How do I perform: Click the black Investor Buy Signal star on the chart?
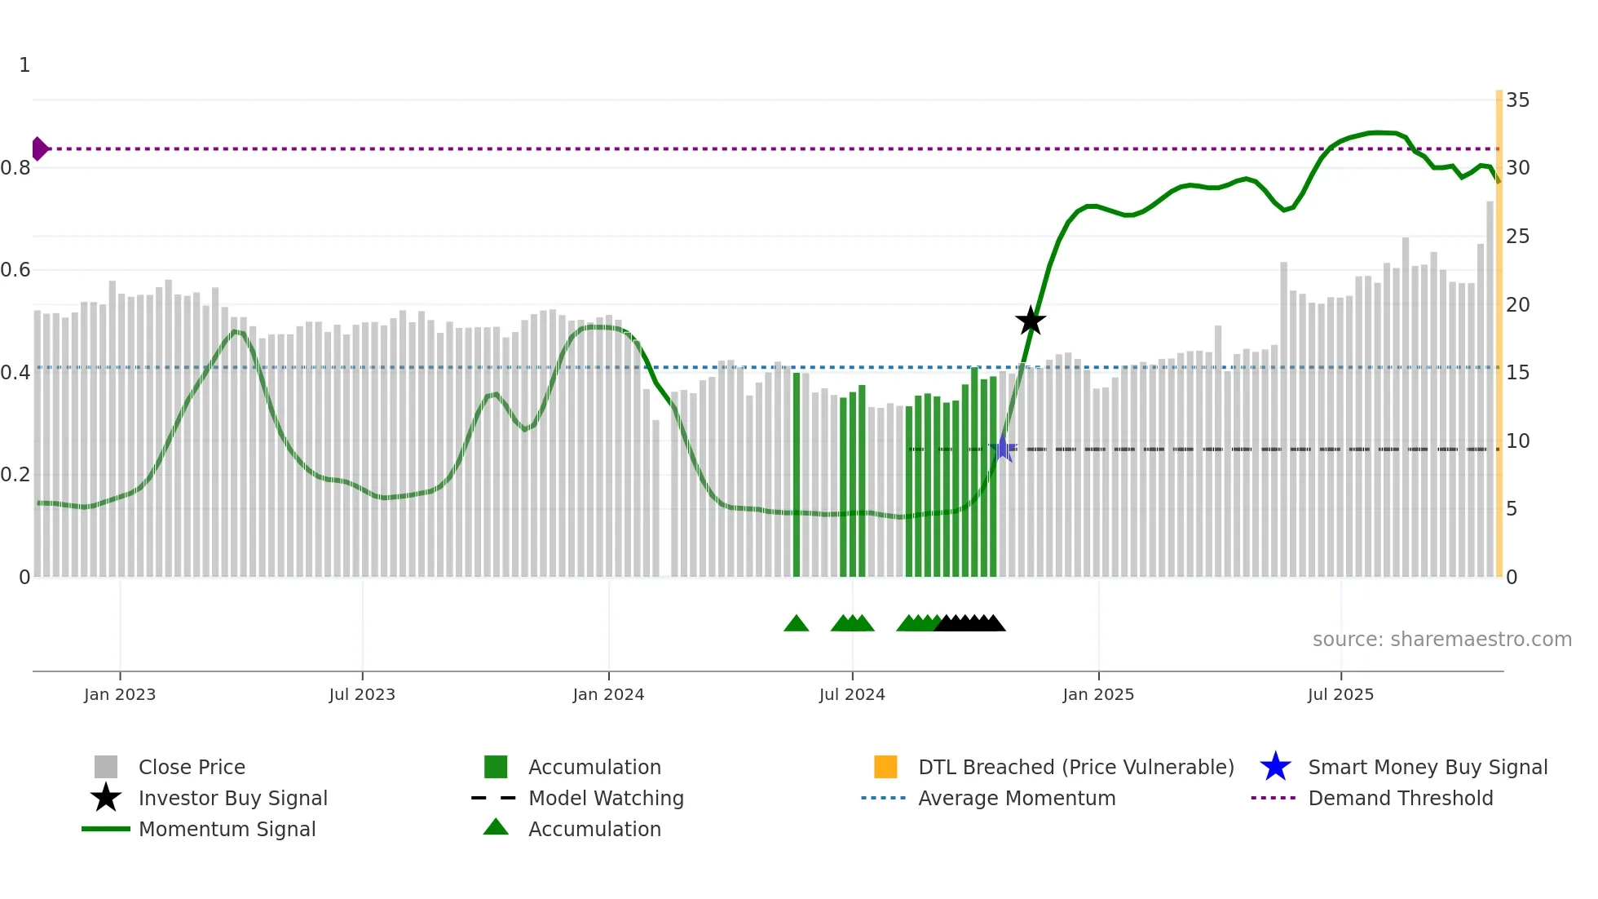1031,321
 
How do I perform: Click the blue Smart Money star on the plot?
1004,449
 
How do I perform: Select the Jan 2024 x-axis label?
608,694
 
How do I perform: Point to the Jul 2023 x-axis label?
362,694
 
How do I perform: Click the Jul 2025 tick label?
1340,694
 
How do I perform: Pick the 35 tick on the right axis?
1517,100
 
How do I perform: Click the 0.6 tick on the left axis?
16,270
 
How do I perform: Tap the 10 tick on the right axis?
1517,441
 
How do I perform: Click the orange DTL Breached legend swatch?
885,767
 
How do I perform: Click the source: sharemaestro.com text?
1441,640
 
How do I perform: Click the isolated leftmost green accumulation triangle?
796,624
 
